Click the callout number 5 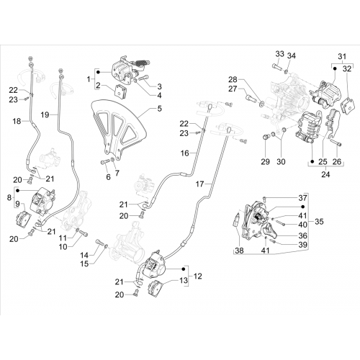click(x=159, y=109)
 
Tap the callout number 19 click(x=45, y=114)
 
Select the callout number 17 click(x=199, y=184)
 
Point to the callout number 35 click(x=319, y=221)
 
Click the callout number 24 click(x=325, y=174)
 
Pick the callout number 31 click(x=342, y=57)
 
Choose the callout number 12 click(x=197, y=276)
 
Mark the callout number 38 click(x=239, y=251)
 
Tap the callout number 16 click(x=185, y=153)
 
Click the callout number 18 click(x=17, y=121)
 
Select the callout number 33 click(x=279, y=54)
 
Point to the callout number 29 click(x=266, y=162)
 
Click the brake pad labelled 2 click(x=121, y=91)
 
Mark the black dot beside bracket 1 click(x=98, y=72)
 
